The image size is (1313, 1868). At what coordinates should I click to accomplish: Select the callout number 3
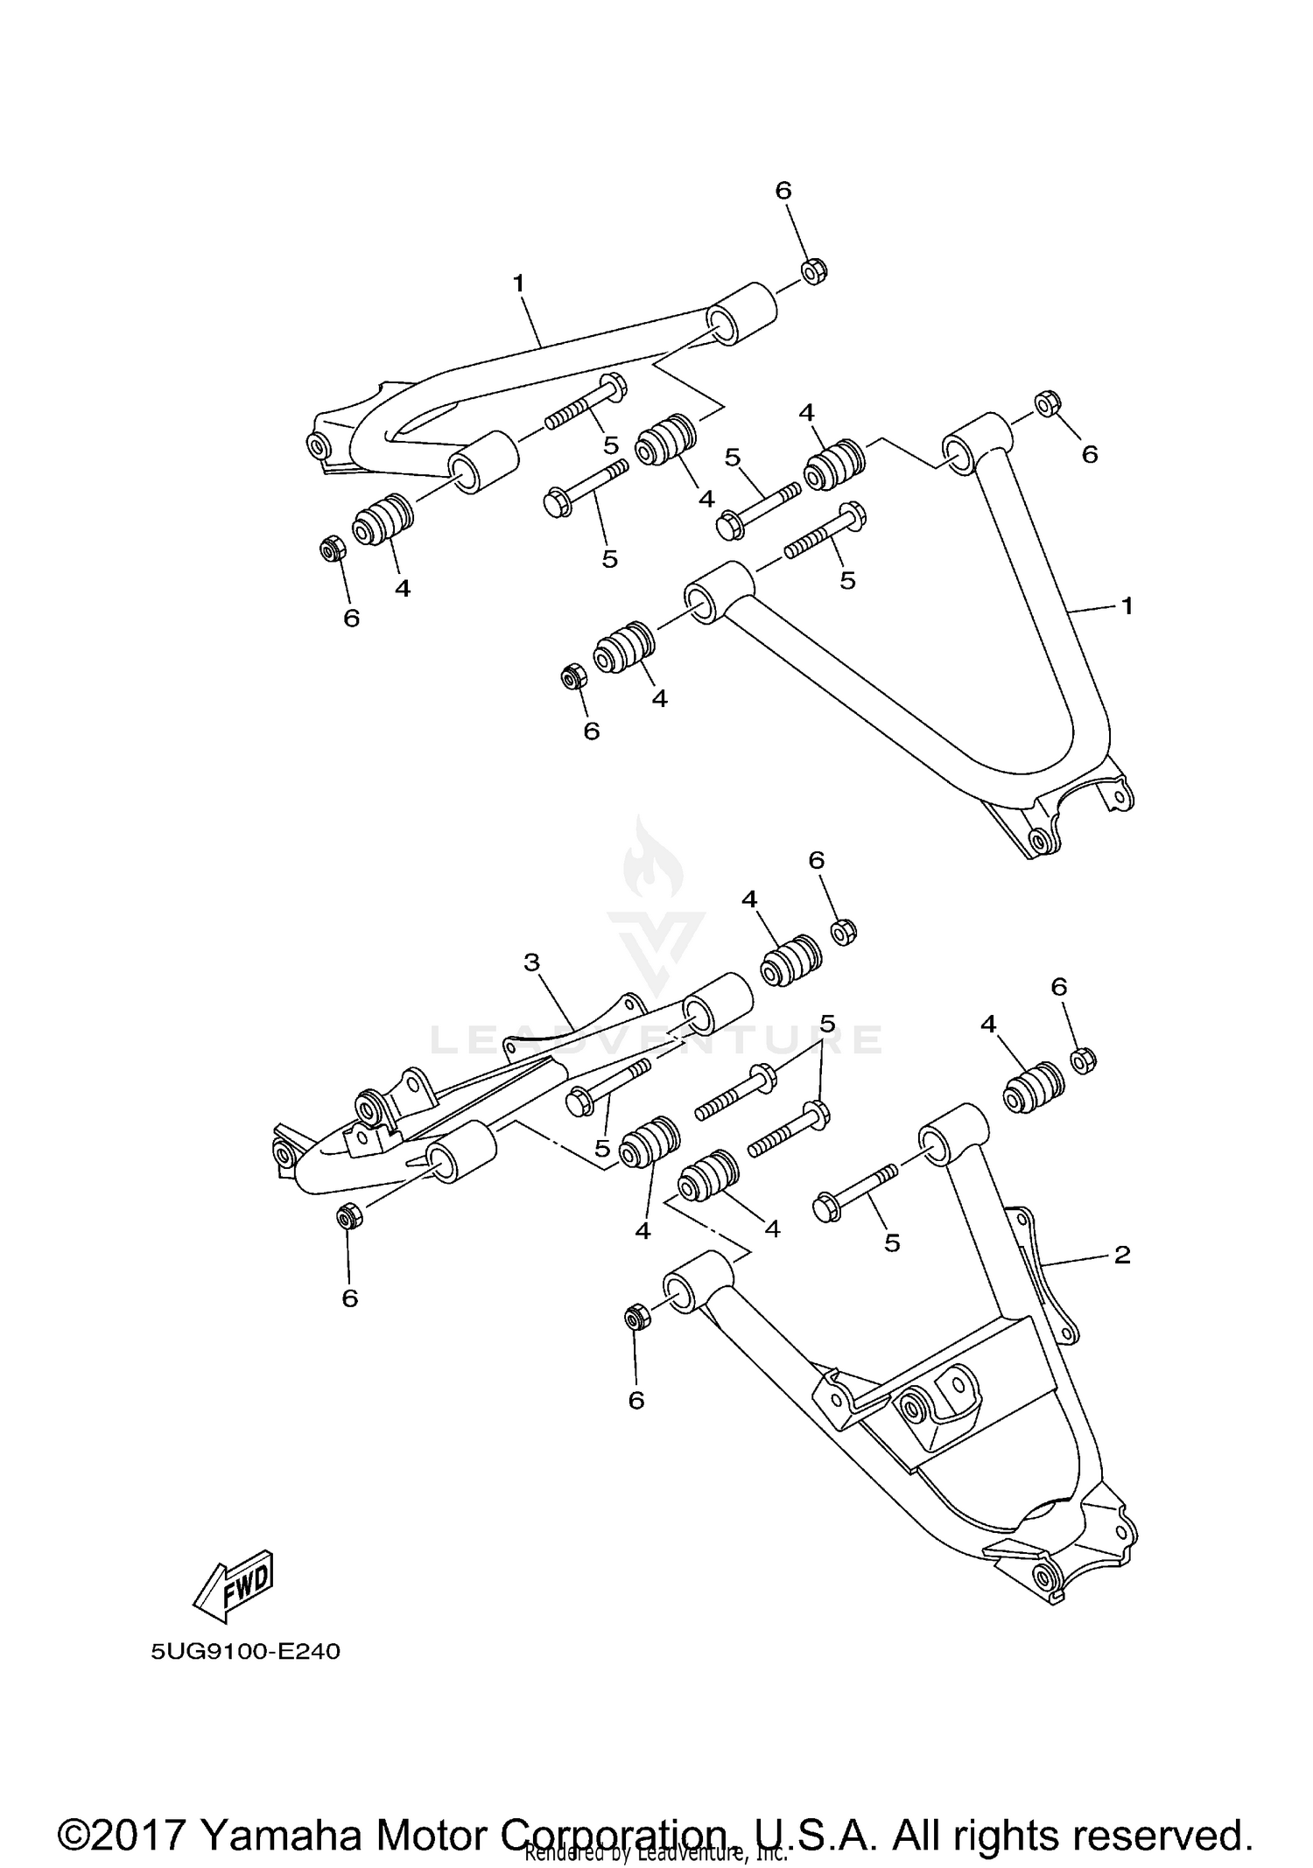tap(531, 963)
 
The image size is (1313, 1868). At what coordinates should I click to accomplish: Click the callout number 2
tap(1122, 1256)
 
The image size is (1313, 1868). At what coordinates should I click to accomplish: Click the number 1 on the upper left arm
tap(518, 283)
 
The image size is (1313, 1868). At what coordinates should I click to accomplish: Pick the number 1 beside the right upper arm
tap(1127, 605)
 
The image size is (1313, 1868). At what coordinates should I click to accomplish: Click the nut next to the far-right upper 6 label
tap(1048, 404)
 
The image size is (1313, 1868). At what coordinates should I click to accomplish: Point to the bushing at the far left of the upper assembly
tap(382, 519)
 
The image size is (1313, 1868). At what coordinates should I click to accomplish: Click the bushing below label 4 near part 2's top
tap(1033, 1088)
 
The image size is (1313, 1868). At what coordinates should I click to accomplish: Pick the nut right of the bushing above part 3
tap(842, 931)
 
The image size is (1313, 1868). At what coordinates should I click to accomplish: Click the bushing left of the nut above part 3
tap(789, 961)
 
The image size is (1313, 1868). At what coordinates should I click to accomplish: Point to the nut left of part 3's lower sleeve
tap(348, 1216)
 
